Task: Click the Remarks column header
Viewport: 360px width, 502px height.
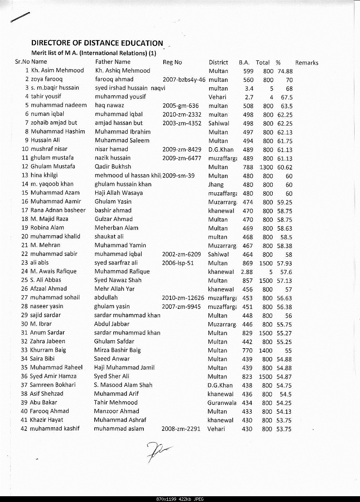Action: pyautogui.click(x=307, y=63)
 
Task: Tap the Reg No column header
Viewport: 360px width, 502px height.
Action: pyautogui.click(x=172, y=62)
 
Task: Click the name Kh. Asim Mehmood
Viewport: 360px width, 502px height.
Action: pyautogui.click(x=57, y=70)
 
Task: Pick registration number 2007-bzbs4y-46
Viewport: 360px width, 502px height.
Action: pyautogui.click(x=184, y=79)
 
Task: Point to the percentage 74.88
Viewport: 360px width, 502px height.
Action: pyautogui.click(x=285, y=71)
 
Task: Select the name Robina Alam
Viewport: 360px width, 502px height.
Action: pyautogui.click(x=47, y=228)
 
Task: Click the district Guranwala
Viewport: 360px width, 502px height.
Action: pyautogui.click(x=222, y=403)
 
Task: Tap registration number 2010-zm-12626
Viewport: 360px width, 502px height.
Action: pyautogui.click(x=183, y=298)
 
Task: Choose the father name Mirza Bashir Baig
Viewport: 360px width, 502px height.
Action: pyautogui.click(x=117, y=350)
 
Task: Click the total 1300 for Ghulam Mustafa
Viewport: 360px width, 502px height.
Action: pyautogui.click(x=266, y=167)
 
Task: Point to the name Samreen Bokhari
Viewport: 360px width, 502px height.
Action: pyautogui.click(x=53, y=385)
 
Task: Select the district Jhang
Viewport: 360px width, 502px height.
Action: pyautogui.click(x=216, y=184)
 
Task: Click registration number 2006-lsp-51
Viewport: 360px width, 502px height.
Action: pyautogui.click(x=178, y=263)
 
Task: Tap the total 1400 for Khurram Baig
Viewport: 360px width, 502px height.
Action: pyautogui.click(x=266, y=350)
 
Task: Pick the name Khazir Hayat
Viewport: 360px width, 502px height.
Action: pyautogui.click(x=46, y=420)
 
